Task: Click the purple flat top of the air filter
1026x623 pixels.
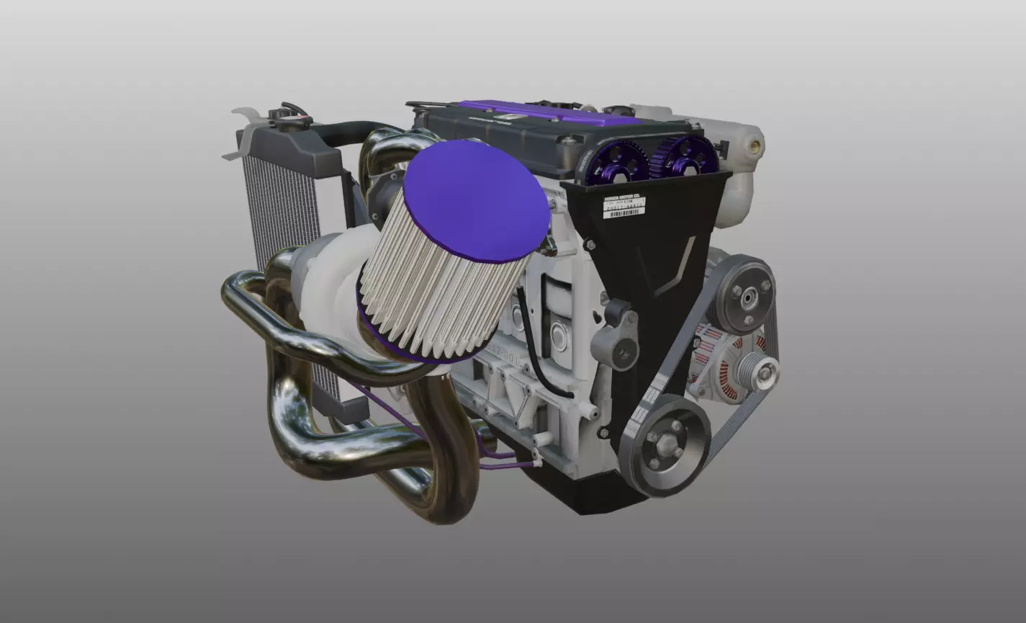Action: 475,200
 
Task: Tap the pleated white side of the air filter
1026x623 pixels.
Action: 439,295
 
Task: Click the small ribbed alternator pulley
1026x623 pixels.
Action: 765,372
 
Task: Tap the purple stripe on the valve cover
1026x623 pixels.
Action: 547,112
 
